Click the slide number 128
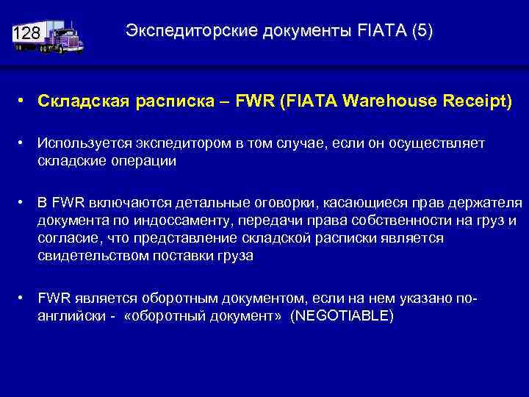pos(25,34)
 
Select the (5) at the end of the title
pos(422,31)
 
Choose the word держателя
pos(486,202)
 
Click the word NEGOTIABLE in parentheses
pos(342,315)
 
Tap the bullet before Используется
pos(24,142)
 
